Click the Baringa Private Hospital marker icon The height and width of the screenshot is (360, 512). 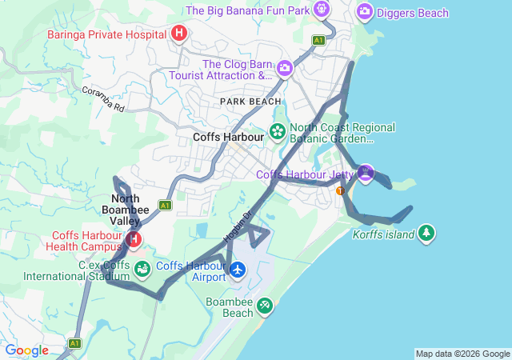[179, 33]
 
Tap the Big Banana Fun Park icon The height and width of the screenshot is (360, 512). [322, 10]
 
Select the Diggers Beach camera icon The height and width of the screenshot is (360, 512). [364, 11]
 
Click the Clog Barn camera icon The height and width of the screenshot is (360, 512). [284, 68]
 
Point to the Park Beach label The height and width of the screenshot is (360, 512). [250, 102]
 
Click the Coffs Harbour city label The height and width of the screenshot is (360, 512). [229, 137]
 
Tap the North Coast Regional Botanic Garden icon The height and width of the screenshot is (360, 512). [277, 131]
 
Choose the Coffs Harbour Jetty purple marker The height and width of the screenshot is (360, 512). [366, 172]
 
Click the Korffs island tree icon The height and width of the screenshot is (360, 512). [427, 233]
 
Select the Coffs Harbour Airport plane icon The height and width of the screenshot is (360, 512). [237, 270]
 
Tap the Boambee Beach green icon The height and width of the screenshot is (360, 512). [264, 305]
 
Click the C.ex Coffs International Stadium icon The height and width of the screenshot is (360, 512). [142, 269]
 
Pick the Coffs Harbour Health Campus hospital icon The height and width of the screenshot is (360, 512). [134, 238]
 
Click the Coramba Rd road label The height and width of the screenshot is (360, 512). [103, 97]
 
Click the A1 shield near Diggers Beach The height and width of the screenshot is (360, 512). [319, 39]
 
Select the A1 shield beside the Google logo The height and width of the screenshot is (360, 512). [74, 343]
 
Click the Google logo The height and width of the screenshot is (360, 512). [26, 350]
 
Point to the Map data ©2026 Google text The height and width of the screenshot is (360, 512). [462, 354]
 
